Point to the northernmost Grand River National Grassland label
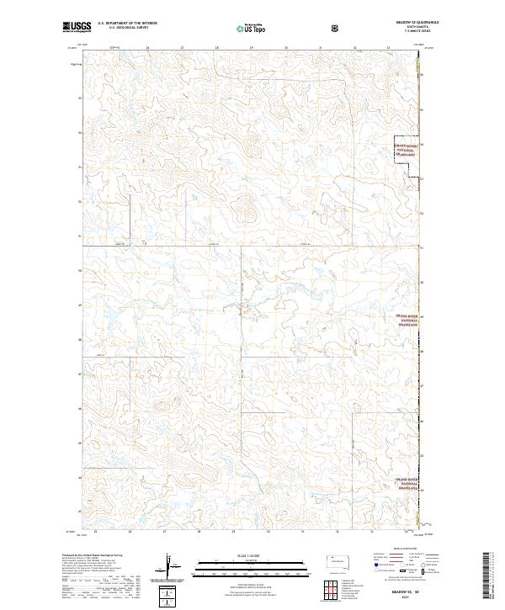[407, 150]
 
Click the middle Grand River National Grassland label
[407, 319]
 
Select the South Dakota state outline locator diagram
[338, 558]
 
